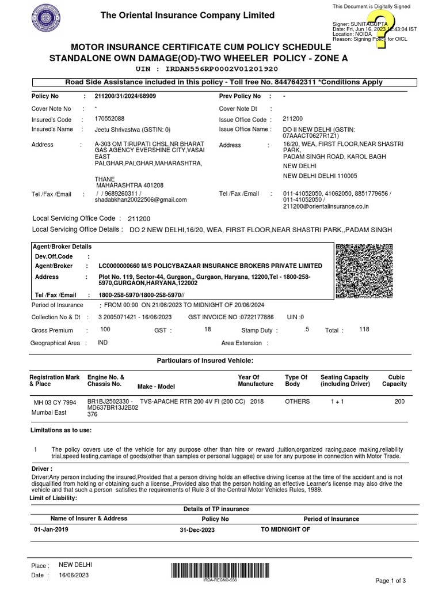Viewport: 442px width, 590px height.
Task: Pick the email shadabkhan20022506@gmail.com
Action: click(141, 200)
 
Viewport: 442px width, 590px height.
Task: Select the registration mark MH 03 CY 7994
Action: click(55, 402)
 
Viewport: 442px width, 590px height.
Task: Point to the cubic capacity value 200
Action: click(399, 402)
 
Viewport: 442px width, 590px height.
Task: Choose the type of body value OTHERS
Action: click(297, 401)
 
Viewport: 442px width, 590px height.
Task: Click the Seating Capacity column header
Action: click(344, 380)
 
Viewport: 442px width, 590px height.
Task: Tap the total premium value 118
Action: click(364, 329)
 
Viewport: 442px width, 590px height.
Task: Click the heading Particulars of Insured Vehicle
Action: click(205, 360)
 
